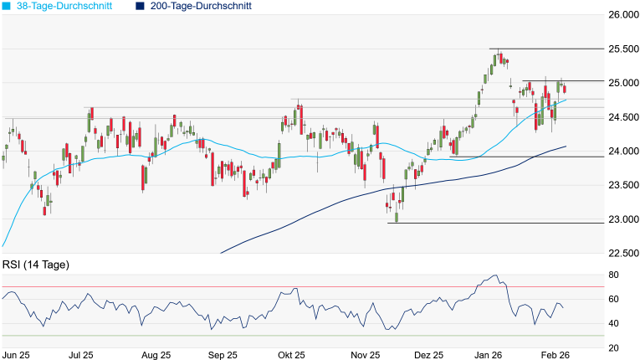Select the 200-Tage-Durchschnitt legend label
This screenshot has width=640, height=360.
click(200, 6)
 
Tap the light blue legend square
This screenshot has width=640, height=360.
click(6, 6)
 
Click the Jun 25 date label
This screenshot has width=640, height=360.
click(17, 355)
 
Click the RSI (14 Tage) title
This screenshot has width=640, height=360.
click(36, 265)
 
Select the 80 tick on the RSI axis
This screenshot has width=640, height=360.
click(613, 275)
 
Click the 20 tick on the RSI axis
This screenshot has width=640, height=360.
click(613, 347)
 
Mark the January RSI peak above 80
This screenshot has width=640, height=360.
click(494, 275)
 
